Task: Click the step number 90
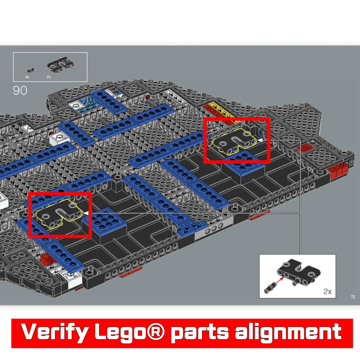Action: click(x=20, y=90)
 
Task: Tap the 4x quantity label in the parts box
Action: click(x=27, y=77)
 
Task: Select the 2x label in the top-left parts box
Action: click(x=49, y=77)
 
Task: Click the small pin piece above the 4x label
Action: click(x=30, y=70)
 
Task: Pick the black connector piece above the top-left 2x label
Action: click(x=61, y=65)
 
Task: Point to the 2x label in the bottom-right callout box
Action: click(x=327, y=291)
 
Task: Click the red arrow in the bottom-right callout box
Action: click(x=280, y=281)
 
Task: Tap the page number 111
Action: click(x=353, y=297)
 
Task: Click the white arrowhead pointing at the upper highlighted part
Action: click(x=260, y=140)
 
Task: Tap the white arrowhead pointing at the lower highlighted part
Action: click(x=86, y=213)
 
